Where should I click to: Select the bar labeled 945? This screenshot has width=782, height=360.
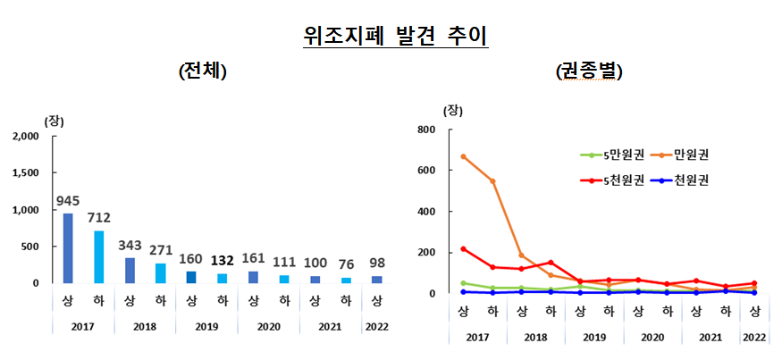(x=67, y=248)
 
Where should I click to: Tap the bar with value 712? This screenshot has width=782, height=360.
(x=98, y=257)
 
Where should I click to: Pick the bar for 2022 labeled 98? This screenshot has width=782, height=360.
(x=376, y=279)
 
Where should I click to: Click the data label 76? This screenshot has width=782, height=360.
(x=345, y=265)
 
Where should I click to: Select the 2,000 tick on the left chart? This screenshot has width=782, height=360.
(x=26, y=137)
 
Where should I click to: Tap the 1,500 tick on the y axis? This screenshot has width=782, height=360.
(x=26, y=173)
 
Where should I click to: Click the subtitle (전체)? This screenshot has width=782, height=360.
(x=204, y=71)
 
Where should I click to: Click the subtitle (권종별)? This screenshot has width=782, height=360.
(x=589, y=71)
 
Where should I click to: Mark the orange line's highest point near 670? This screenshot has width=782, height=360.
(x=463, y=156)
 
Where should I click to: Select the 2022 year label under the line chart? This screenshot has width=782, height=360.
(x=754, y=337)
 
